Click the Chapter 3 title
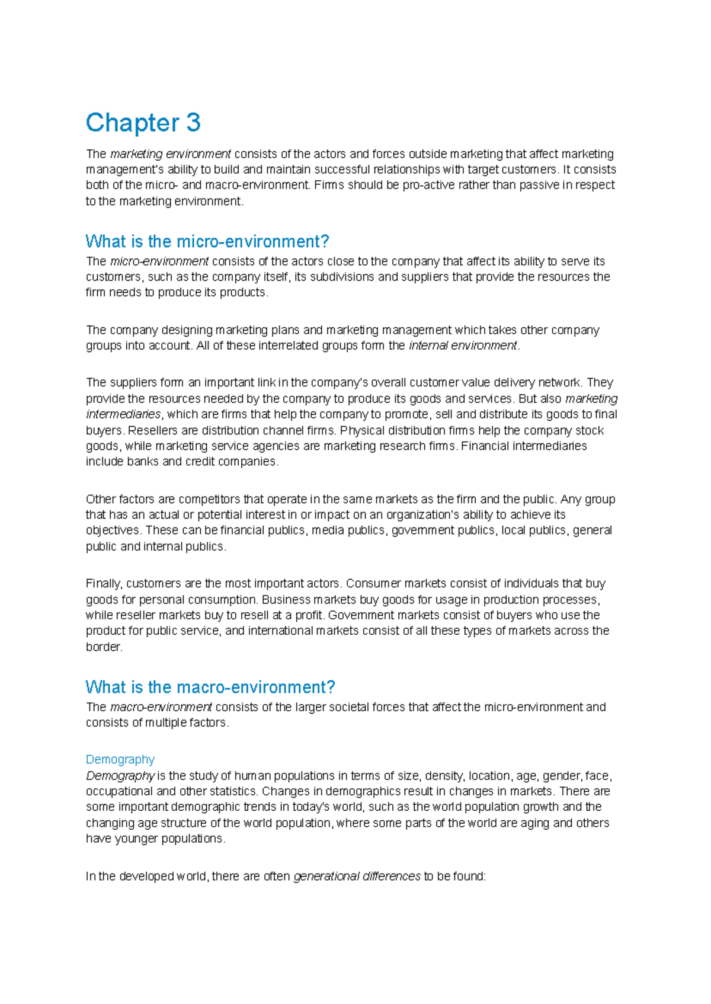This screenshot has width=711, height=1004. coord(143,123)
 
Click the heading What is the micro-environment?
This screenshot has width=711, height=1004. coord(207,241)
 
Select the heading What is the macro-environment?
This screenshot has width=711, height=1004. coord(210,687)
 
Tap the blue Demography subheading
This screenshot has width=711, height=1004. coord(120,759)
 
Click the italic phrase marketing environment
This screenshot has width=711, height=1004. coord(170,154)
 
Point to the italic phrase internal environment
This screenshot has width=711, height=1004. coord(463,346)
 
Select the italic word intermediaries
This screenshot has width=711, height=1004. coord(123,414)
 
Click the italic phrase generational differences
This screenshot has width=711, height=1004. coord(357,876)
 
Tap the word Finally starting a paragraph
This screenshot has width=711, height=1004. coord(104,584)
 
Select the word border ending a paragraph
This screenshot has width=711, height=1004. coord(103,647)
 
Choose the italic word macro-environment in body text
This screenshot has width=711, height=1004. coord(161,707)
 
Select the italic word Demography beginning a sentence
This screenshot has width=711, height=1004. coord(120,776)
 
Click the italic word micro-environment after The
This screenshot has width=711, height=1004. coord(159,261)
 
